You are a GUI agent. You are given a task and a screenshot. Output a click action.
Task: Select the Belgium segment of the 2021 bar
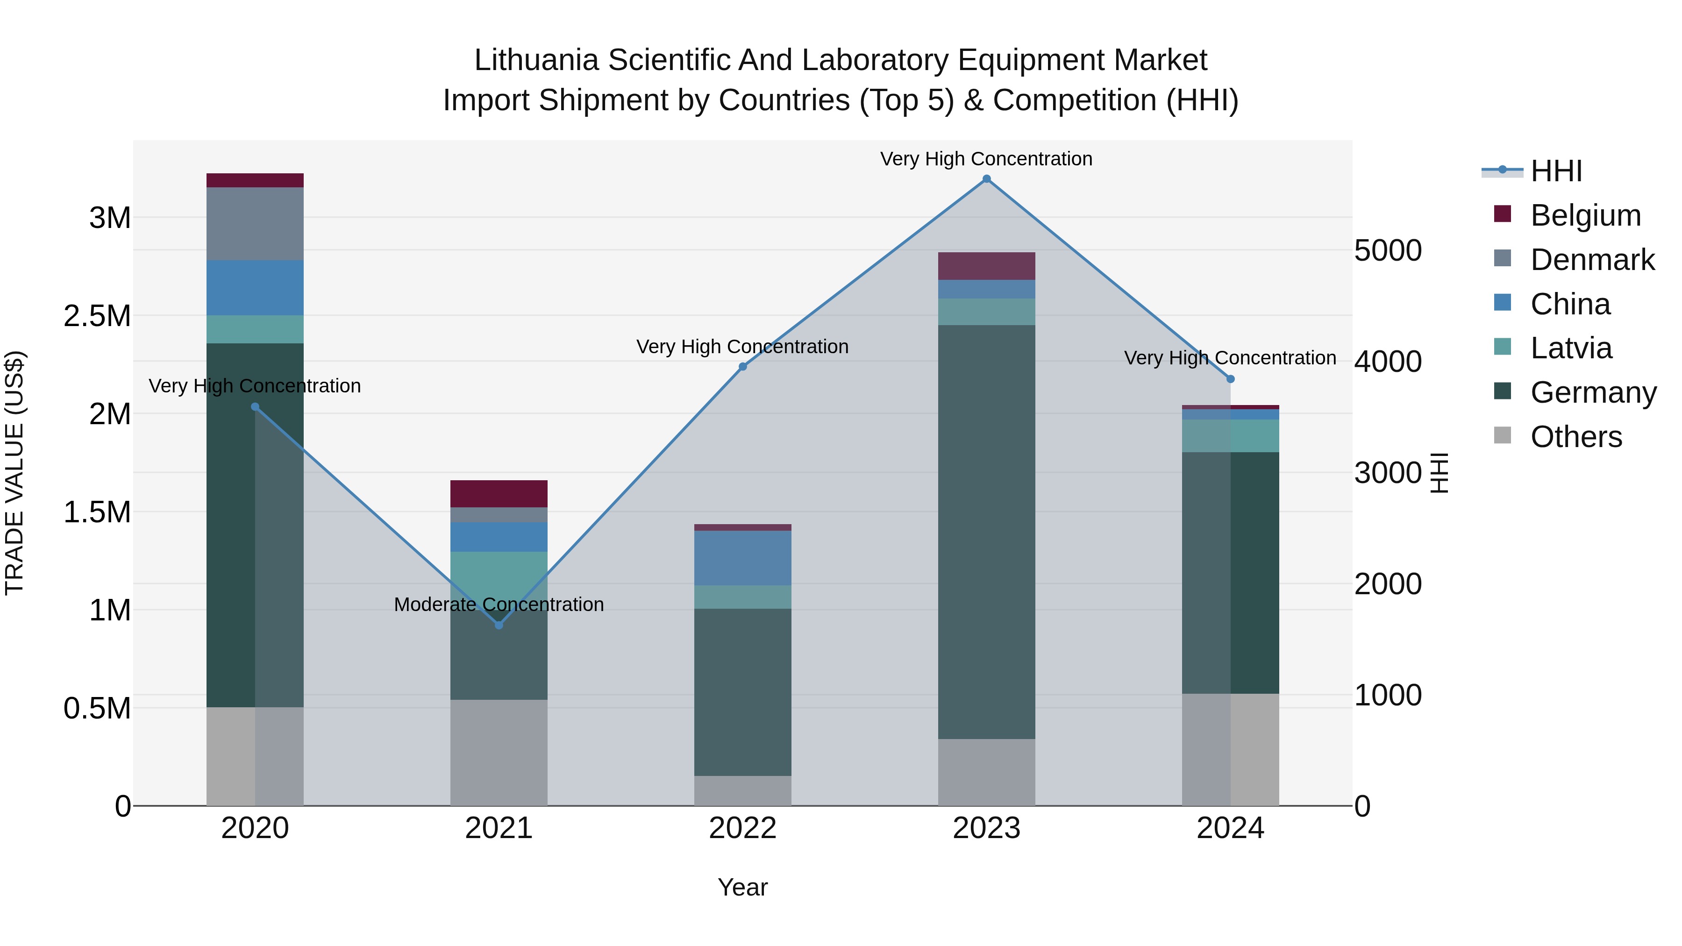(x=499, y=494)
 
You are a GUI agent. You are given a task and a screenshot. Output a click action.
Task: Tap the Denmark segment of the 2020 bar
(x=255, y=223)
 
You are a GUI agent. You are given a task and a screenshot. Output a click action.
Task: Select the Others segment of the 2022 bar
(x=742, y=790)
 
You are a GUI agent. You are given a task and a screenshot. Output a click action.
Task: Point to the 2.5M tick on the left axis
(x=97, y=316)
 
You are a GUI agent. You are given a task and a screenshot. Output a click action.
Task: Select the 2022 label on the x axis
(x=742, y=828)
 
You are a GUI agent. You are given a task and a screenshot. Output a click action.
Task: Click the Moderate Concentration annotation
(x=499, y=604)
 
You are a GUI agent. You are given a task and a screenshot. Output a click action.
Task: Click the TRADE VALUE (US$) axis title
(x=14, y=473)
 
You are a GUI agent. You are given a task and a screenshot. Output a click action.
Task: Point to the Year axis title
(x=742, y=887)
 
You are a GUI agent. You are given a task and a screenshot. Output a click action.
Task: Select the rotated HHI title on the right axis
(x=1439, y=473)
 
